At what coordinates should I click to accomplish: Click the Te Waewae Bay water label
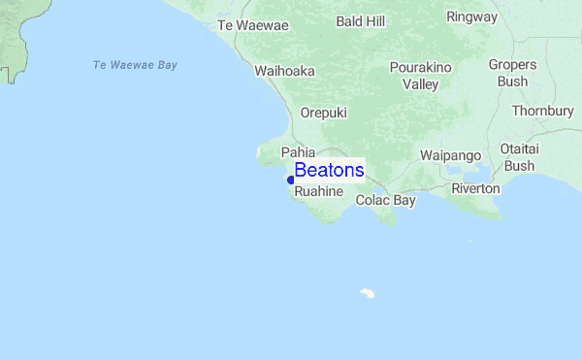click(x=135, y=65)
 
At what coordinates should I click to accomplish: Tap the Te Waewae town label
click(x=253, y=25)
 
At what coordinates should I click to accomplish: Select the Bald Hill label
click(x=361, y=20)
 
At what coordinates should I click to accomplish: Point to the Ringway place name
click(x=471, y=16)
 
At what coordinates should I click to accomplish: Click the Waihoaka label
click(x=284, y=71)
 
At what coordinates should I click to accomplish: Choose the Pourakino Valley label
click(x=421, y=76)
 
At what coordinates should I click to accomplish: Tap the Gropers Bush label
click(x=512, y=73)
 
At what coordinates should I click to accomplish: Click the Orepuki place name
click(x=323, y=113)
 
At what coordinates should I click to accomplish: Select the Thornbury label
click(x=542, y=111)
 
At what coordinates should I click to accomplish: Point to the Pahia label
click(x=299, y=152)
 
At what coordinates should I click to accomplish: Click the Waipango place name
click(x=450, y=155)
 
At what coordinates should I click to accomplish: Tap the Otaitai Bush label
click(x=519, y=156)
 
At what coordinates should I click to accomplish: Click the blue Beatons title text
click(x=329, y=171)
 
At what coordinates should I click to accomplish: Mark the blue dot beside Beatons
click(x=290, y=180)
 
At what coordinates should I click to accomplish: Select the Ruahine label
click(x=319, y=191)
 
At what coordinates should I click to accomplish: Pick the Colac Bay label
click(x=385, y=200)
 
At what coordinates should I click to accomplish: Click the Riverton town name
click(x=475, y=188)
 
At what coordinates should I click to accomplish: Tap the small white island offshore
click(x=368, y=292)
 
